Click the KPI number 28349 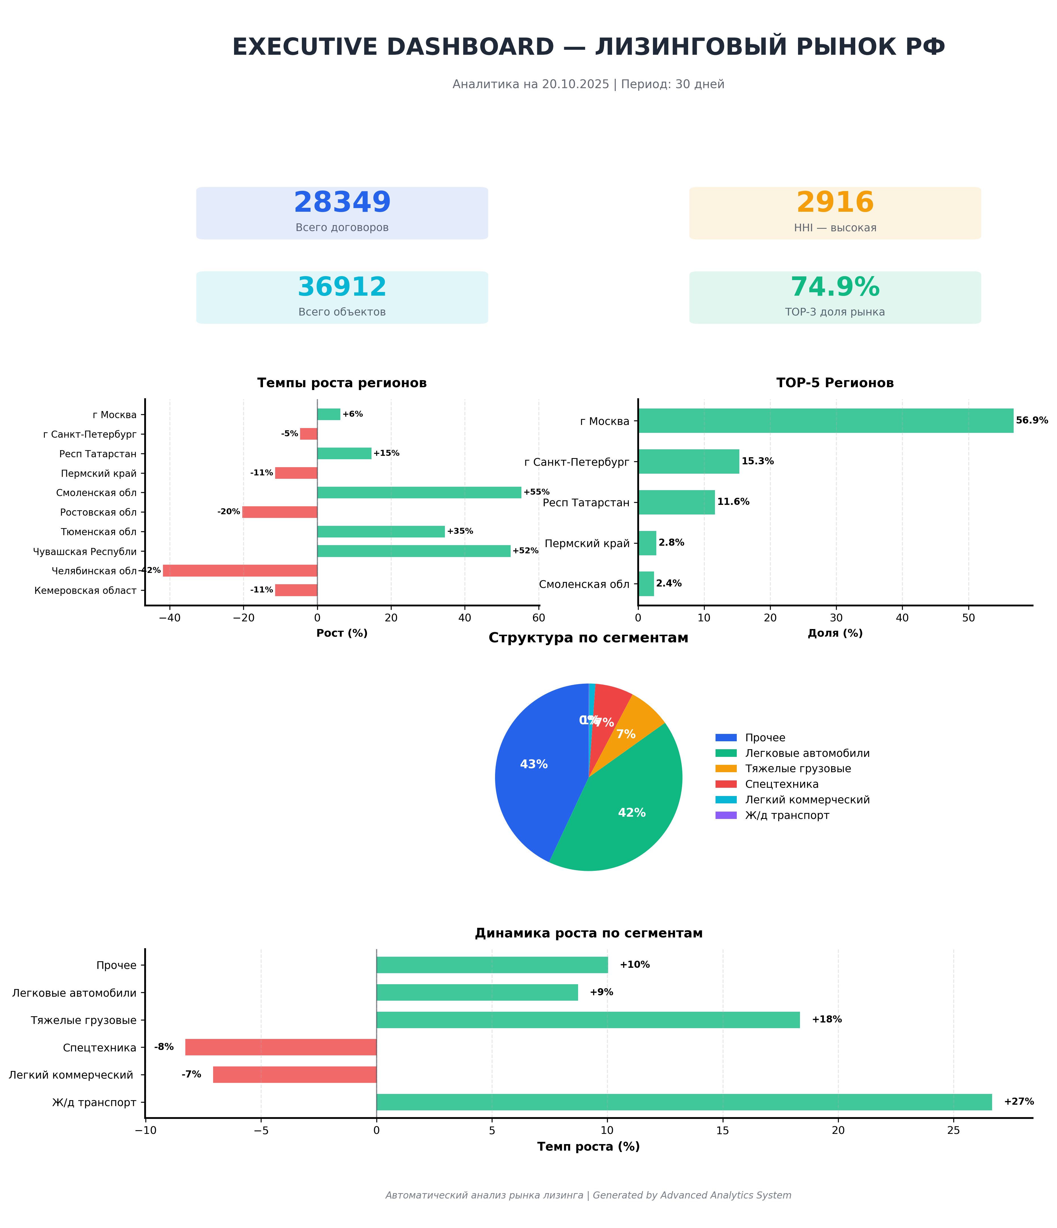[x=342, y=203]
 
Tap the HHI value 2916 [x=835, y=203]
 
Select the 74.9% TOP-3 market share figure [x=835, y=287]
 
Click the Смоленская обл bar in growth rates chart [x=419, y=492]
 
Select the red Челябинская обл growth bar [x=240, y=571]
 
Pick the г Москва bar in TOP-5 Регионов [x=825, y=421]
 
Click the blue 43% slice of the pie [x=533, y=770]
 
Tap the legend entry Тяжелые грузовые [x=797, y=769]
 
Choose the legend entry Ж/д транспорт [x=787, y=816]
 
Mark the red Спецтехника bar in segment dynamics [x=281, y=1047]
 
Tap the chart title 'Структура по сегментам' [x=588, y=638]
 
